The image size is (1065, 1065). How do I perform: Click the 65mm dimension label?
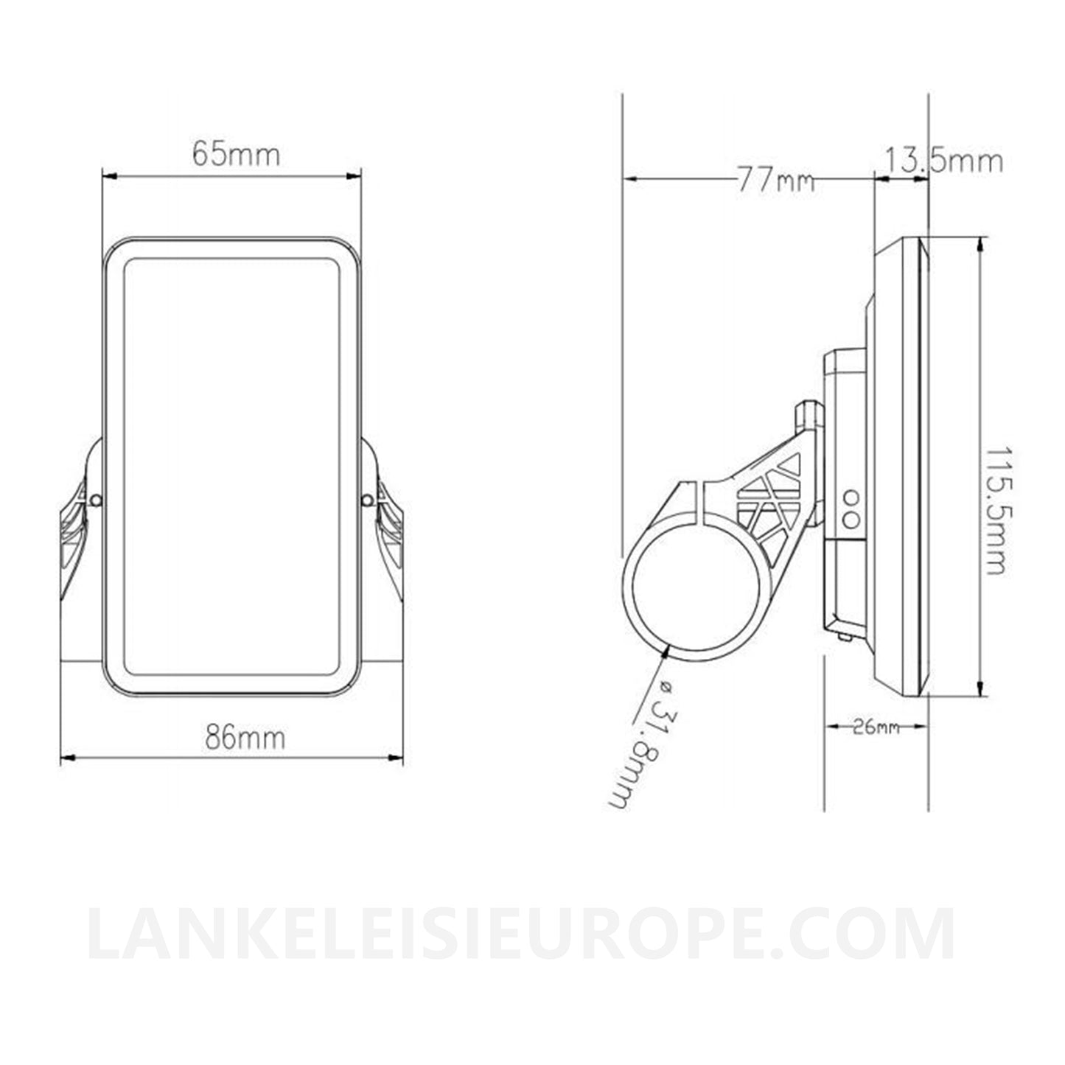coord(236,154)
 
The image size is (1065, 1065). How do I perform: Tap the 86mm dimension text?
coord(245,737)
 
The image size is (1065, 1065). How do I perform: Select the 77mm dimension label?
coord(775,179)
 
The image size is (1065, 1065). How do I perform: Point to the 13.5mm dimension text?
coord(943,160)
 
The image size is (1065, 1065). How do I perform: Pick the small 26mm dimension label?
coord(876,727)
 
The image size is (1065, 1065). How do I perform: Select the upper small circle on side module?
coord(851,497)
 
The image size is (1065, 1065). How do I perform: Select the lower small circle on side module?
coord(851,518)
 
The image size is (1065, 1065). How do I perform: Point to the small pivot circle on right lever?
coord(366,500)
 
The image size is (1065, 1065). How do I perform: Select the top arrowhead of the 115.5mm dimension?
coord(981,244)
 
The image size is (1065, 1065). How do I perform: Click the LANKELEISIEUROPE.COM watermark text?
coord(520,937)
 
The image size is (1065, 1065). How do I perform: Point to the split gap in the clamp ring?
coord(699,493)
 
